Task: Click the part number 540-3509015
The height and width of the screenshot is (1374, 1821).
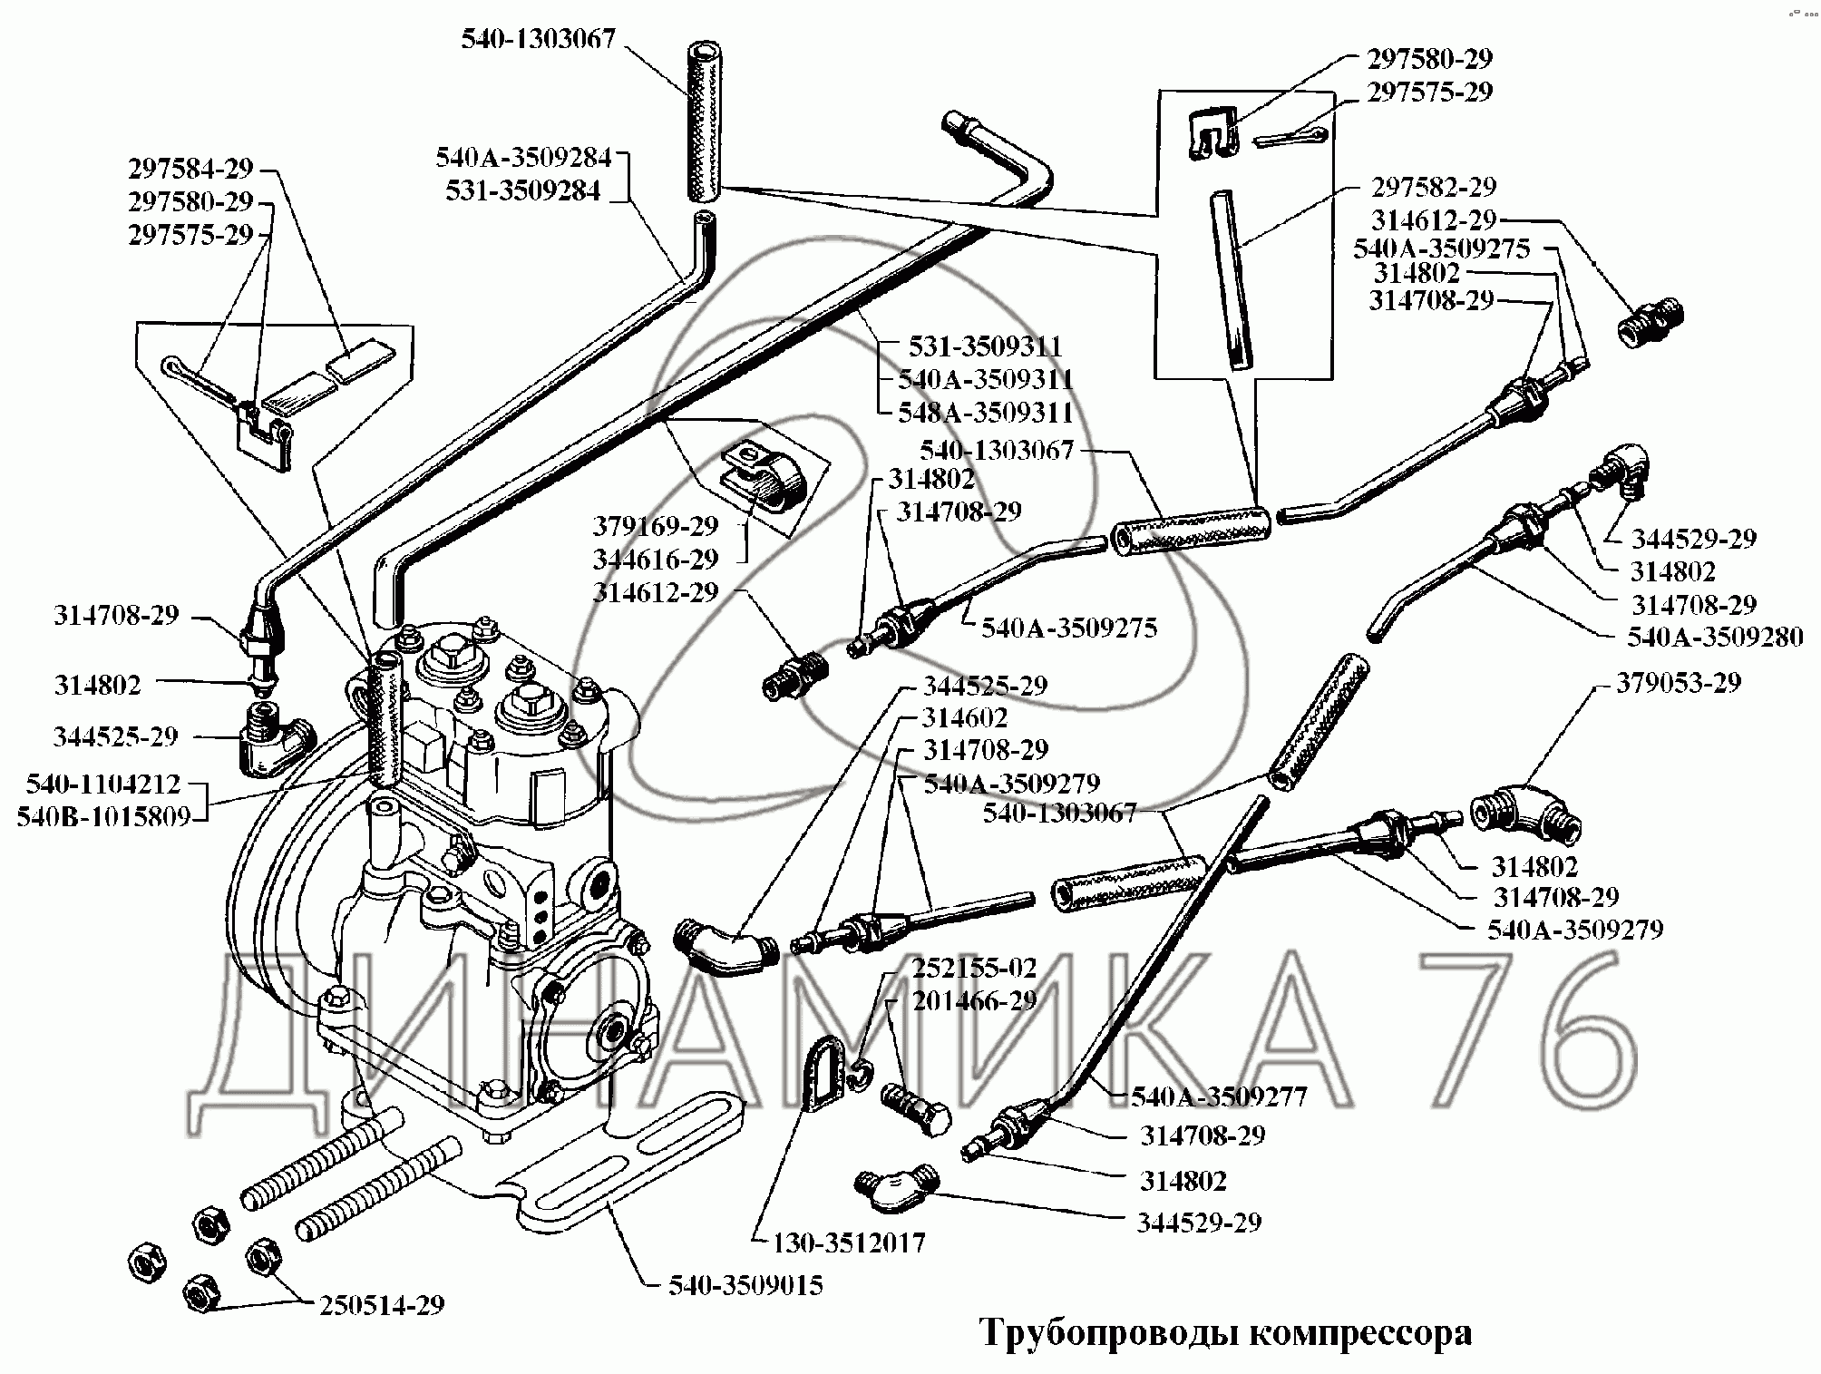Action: click(745, 1285)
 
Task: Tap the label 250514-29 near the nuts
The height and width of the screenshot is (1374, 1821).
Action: click(382, 1305)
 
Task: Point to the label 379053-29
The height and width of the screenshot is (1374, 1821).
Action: click(1679, 682)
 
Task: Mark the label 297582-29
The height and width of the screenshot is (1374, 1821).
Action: click(1433, 187)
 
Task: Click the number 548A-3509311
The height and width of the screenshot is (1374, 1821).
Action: click(985, 413)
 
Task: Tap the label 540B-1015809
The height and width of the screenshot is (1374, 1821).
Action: click(103, 817)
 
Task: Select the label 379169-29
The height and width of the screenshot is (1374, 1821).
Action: click(655, 525)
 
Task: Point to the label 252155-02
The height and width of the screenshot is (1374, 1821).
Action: click(974, 967)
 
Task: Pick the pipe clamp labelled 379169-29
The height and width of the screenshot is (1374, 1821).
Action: click(764, 478)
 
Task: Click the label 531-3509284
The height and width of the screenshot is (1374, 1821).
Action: click(522, 191)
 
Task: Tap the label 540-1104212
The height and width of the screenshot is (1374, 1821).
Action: click(103, 784)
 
